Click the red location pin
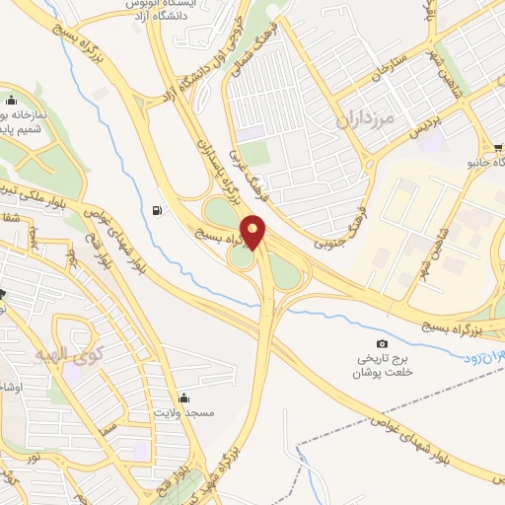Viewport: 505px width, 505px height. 255,232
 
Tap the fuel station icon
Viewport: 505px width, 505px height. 159,210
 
